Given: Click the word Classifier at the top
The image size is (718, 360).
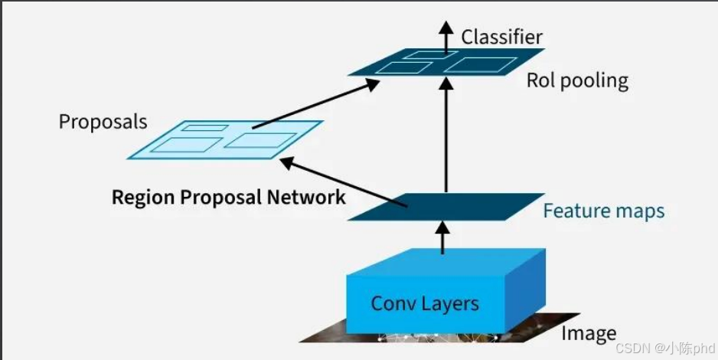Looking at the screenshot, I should tap(501, 36).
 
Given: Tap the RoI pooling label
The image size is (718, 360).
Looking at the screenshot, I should tap(577, 80).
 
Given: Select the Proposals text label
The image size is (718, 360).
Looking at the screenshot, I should tap(103, 121).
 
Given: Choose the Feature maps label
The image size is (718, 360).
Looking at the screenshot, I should tap(603, 211).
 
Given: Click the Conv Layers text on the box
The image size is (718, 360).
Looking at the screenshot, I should tap(425, 303).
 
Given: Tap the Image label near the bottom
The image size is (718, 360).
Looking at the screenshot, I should tap(588, 333).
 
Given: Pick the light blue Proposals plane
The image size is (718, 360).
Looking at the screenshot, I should tap(225, 139).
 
